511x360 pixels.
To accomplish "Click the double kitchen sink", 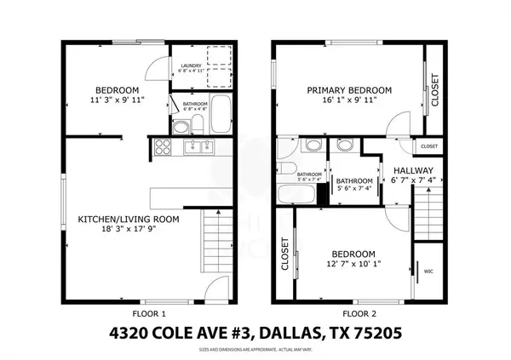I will click(x=198, y=149).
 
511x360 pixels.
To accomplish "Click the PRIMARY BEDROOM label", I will click(x=349, y=90).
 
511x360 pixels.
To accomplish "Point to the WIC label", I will click(x=428, y=272).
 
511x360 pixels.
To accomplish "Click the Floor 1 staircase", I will click(x=216, y=240).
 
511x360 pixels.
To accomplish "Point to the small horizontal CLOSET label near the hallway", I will click(x=428, y=146).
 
